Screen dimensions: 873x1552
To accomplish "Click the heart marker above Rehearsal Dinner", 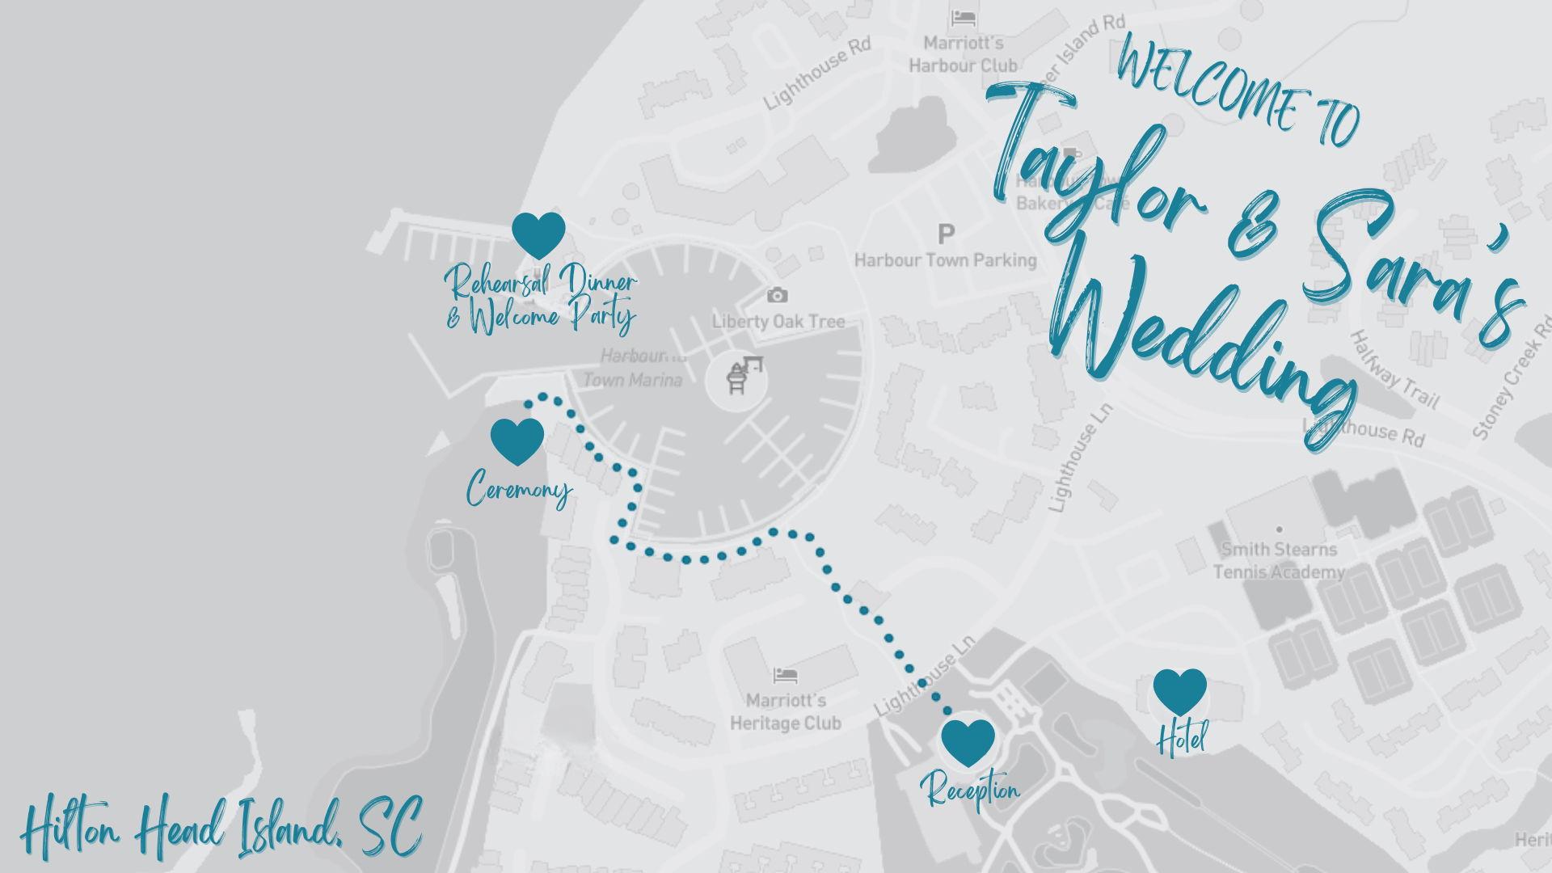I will (x=538, y=234).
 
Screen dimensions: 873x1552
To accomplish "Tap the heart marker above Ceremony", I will (x=517, y=441).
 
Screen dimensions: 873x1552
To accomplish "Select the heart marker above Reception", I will (x=968, y=741).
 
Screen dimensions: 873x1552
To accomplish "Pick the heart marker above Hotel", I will (x=1179, y=691).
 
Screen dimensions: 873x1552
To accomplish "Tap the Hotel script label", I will (x=1182, y=738).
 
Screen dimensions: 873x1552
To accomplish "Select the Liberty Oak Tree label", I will (x=778, y=321).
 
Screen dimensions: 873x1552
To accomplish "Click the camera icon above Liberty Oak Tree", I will (x=777, y=295).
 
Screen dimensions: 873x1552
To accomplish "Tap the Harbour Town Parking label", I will (x=945, y=260).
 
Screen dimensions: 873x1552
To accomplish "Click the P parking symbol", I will (x=946, y=234).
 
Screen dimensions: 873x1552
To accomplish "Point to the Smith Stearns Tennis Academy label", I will (x=1279, y=560).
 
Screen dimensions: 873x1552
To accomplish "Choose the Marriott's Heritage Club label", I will (x=786, y=711).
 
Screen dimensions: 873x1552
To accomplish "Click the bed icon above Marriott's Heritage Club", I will (x=785, y=675).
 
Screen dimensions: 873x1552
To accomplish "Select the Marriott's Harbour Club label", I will (x=964, y=53).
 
